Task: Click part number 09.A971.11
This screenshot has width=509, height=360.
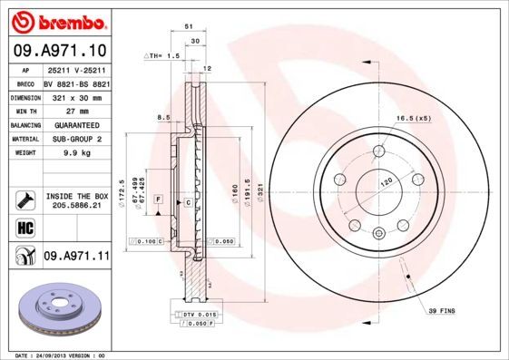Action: (x=76, y=258)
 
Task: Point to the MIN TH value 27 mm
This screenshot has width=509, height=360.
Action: (x=61, y=111)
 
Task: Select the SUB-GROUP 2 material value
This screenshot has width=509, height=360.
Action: (x=75, y=140)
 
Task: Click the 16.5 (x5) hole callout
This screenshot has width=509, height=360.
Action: (x=411, y=119)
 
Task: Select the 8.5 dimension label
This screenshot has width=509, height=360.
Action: (x=163, y=117)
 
